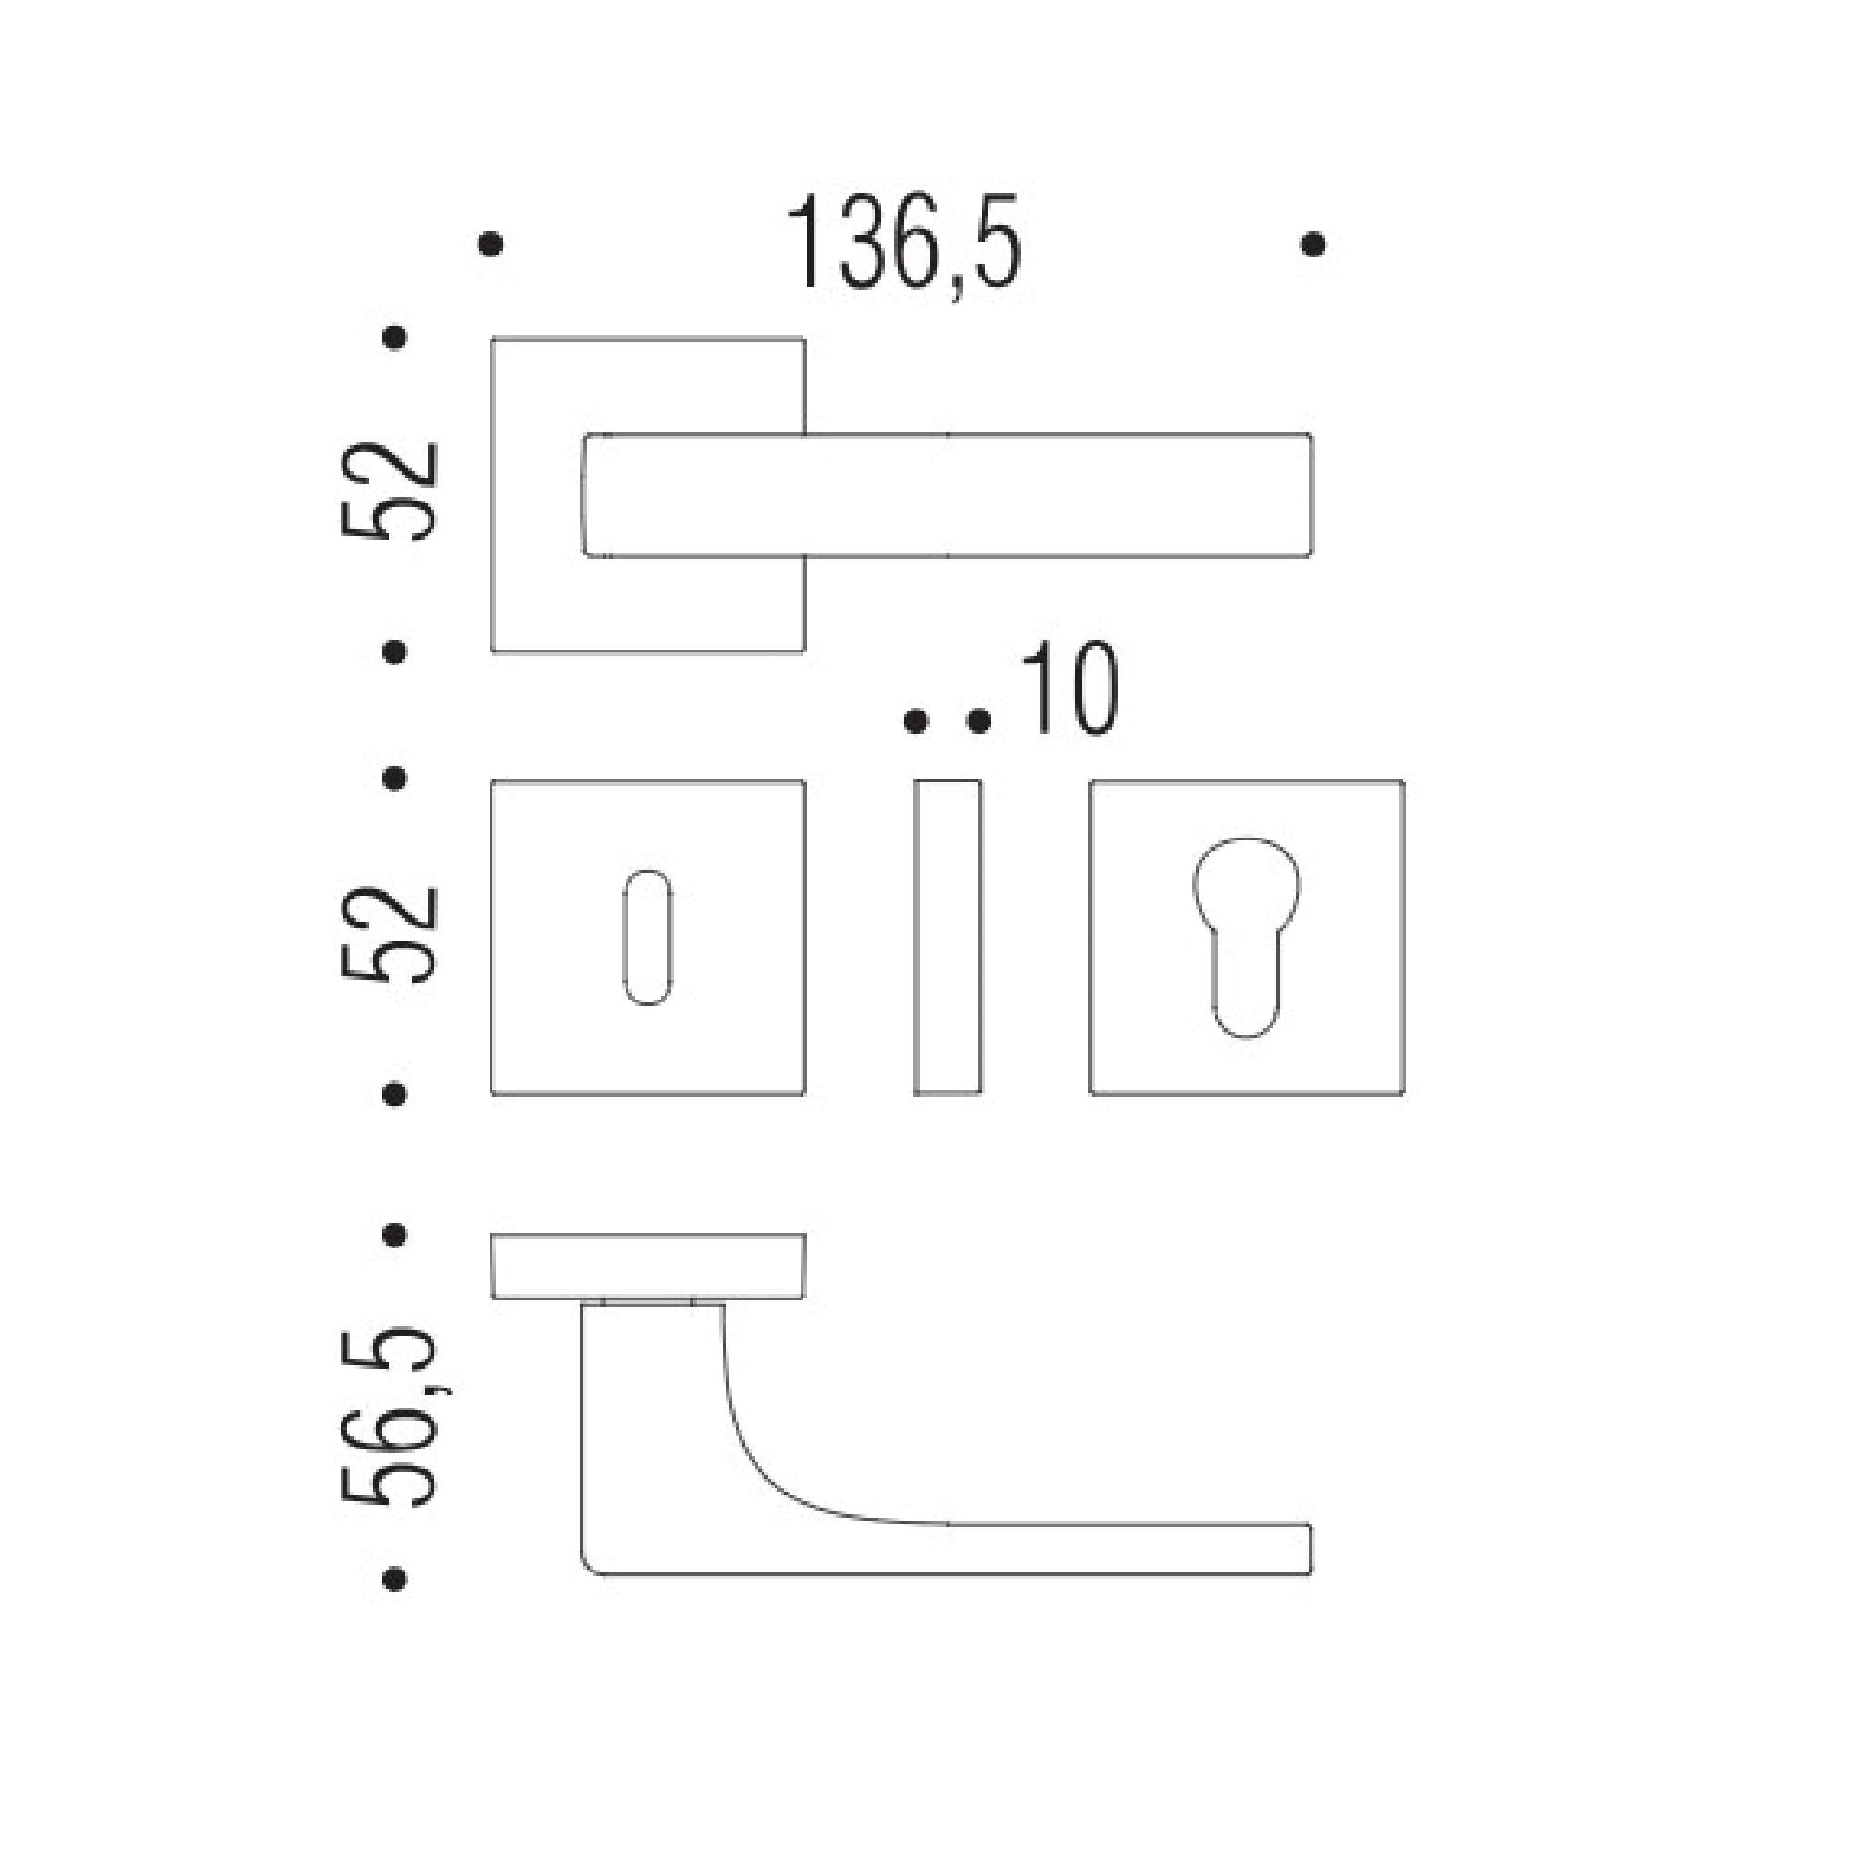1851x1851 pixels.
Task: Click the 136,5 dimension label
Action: (x=903, y=242)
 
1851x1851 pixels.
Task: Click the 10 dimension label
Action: (x=1069, y=689)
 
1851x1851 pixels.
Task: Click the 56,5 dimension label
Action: (x=390, y=1416)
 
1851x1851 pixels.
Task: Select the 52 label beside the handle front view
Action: (x=390, y=491)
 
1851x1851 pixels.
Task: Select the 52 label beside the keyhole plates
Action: (x=390, y=935)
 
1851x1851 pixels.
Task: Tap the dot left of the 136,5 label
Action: (x=490, y=244)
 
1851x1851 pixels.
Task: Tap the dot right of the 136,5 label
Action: (x=1313, y=244)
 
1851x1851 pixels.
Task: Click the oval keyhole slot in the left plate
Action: (x=648, y=937)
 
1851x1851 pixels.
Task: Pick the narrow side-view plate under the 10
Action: (x=948, y=936)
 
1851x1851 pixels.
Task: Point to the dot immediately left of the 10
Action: (x=978, y=720)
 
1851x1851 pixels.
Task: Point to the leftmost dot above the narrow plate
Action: (x=916, y=720)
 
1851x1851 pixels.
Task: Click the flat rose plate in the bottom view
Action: (x=648, y=1265)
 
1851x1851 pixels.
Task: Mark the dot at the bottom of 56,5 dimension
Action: (x=393, y=1578)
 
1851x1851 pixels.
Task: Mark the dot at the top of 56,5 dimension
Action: (x=393, y=1235)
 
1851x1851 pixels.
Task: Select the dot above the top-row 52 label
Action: (x=393, y=337)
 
